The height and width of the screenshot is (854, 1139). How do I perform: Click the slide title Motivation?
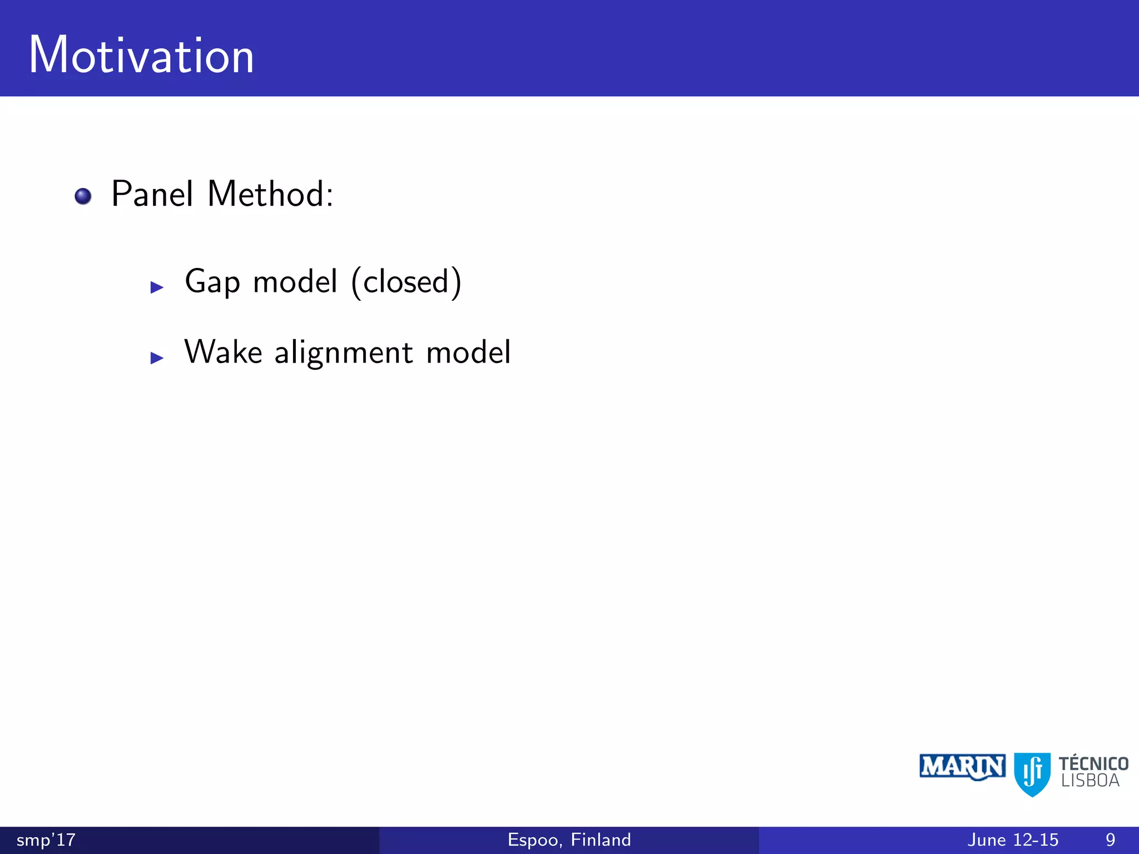[x=141, y=55]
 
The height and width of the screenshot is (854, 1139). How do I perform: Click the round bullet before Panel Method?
[x=83, y=196]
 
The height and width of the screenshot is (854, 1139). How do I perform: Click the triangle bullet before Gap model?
[x=157, y=287]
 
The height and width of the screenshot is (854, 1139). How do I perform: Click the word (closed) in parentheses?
[x=407, y=282]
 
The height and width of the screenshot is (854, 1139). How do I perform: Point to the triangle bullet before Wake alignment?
[x=157, y=358]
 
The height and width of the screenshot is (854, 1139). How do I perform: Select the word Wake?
[x=223, y=352]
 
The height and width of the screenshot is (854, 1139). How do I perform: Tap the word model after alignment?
[x=468, y=352]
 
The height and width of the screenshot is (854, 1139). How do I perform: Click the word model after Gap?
[x=295, y=281]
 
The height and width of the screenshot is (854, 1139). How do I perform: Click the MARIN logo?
[x=962, y=767]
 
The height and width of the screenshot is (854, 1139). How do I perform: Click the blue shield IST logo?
[x=1032, y=774]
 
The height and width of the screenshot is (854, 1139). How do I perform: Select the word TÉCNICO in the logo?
[x=1093, y=763]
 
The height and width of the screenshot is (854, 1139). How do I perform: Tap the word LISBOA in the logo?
[x=1090, y=781]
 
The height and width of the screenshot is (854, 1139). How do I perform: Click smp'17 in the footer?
[x=46, y=840]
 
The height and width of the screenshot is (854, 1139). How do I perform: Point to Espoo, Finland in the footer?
[x=569, y=840]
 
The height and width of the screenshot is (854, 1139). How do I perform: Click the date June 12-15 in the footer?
[x=1013, y=840]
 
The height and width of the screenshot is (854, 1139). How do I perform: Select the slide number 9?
[x=1110, y=840]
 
